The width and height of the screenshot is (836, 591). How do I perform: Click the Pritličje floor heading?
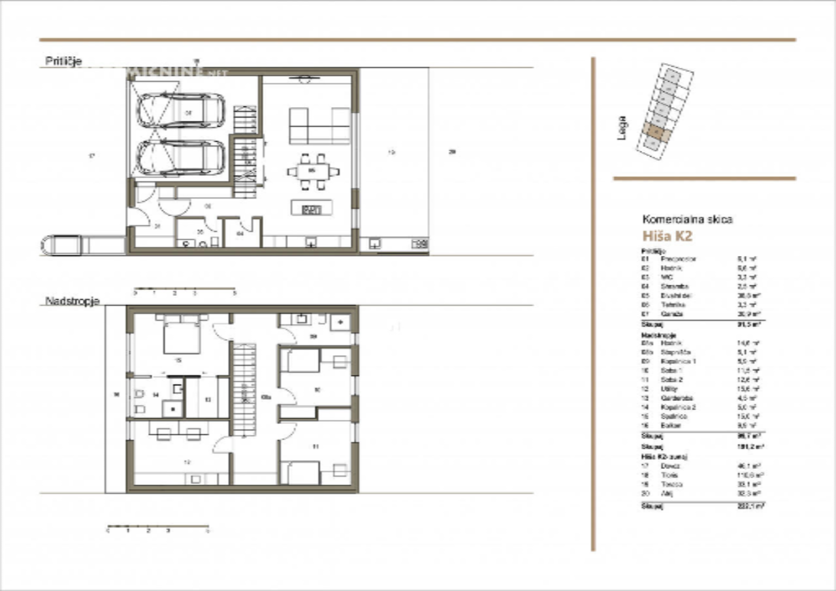[x=63, y=61]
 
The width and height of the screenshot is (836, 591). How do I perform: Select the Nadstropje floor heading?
[x=72, y=301]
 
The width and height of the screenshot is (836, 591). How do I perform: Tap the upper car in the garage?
[x=181, y=110]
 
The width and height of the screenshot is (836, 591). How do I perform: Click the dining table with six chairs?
[x=313, y=172]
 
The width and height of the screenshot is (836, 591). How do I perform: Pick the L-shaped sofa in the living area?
[x=319, y=125]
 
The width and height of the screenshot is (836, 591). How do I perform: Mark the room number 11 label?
[x=315, y=447]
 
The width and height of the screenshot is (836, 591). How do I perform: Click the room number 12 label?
[x=187, y=462]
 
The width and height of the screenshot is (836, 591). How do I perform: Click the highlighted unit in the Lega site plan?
[x=656, y=133]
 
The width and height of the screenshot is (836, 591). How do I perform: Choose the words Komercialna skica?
[x=687, y=219]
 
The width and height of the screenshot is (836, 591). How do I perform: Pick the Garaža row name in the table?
[x=669, y=314]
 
